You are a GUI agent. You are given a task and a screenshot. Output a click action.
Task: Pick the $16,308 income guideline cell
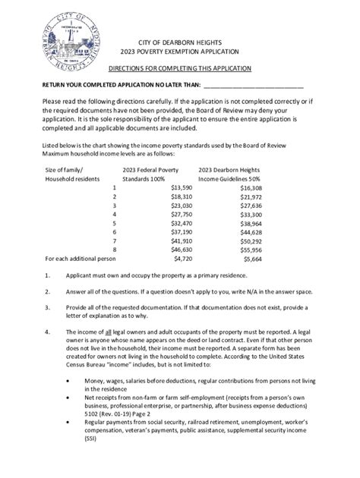point(250,187)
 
